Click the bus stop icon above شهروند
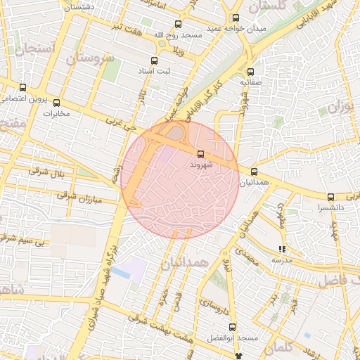200,153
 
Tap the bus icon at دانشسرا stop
330,197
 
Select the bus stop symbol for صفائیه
250,71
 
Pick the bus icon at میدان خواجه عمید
236,18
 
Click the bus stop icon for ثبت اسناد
155,60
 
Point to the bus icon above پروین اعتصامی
23,88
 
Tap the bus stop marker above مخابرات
57,103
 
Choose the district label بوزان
340,108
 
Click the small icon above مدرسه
283,249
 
